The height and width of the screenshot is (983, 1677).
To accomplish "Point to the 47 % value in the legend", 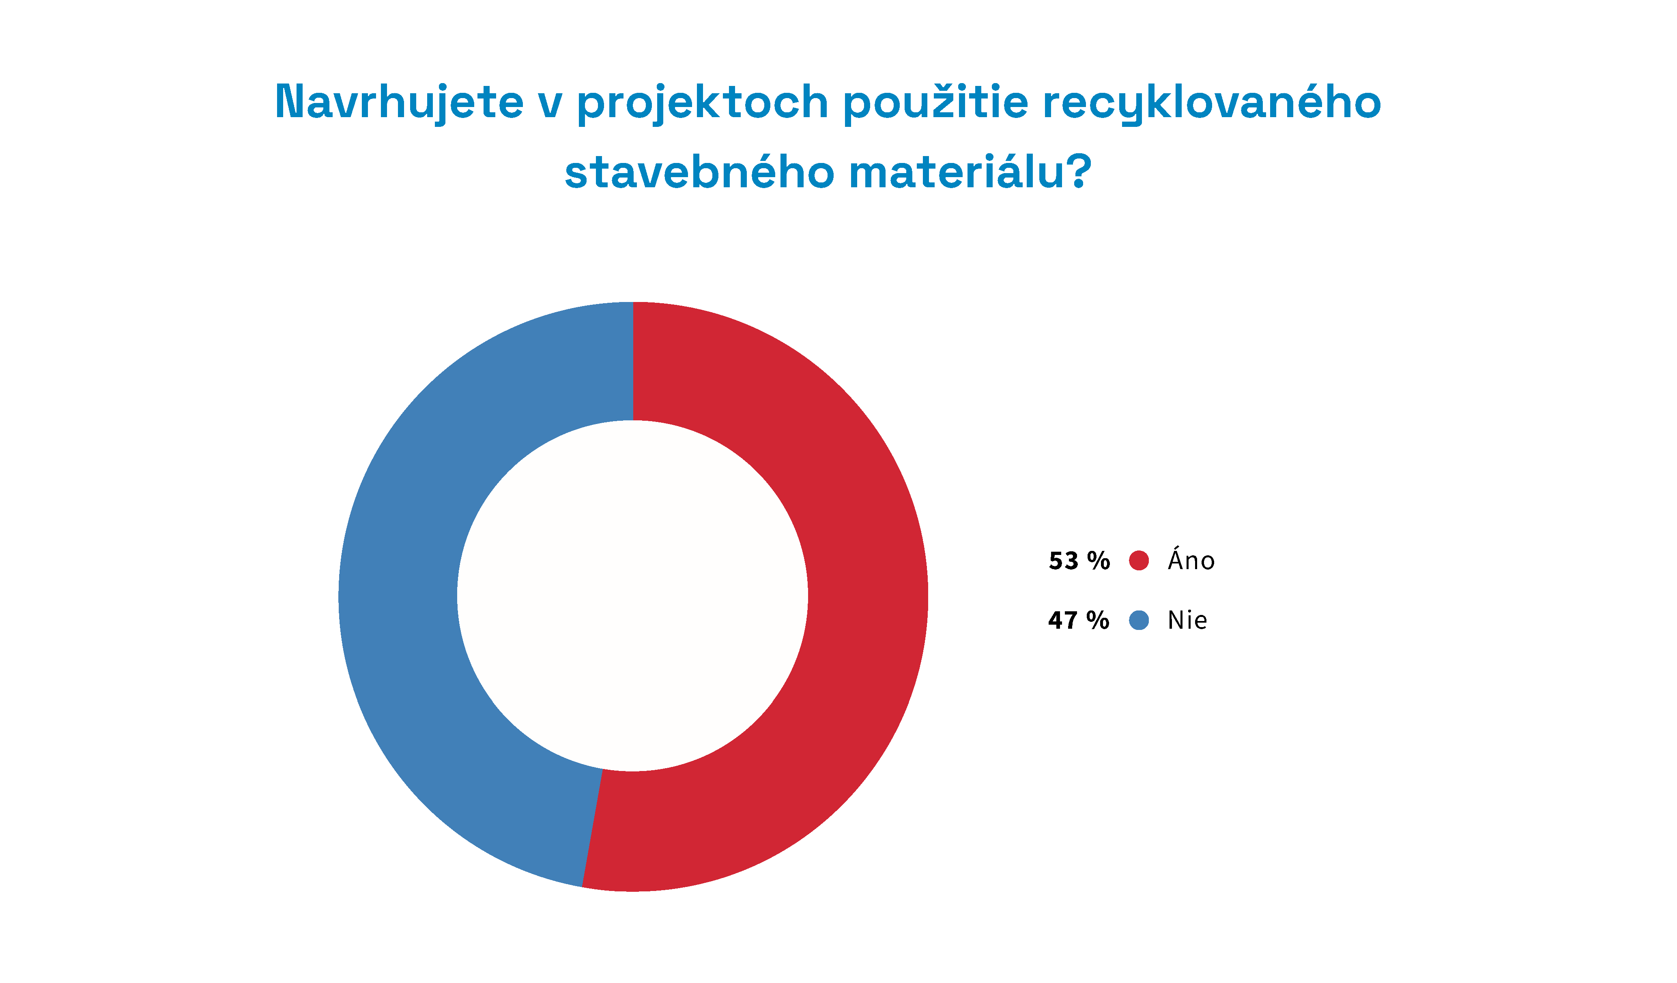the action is pos(1079,621).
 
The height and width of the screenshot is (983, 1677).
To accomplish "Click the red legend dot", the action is pos(1139,561).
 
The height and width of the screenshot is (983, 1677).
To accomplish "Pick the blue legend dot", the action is pos(1139,621).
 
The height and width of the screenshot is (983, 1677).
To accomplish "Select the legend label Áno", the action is pos(1191,559).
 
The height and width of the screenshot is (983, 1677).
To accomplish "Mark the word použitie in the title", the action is pos(936,103).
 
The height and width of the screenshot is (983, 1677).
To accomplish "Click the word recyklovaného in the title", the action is pos(1212,103).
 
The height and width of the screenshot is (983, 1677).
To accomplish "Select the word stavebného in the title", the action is pos(699,171).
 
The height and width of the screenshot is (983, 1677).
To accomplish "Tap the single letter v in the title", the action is pos(550,107).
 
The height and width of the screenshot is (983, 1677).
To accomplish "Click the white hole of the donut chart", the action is pos(633,596).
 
